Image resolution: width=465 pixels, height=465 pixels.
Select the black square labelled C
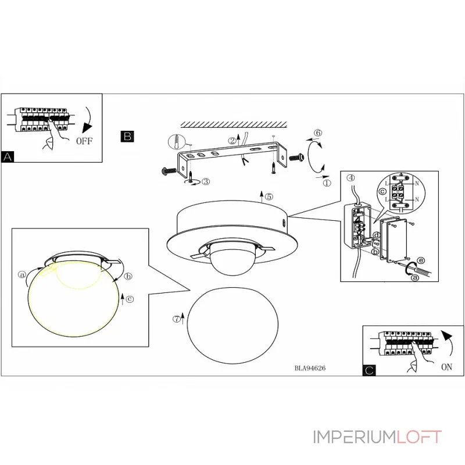point(369,370)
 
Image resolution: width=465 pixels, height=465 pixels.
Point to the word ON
point(447,367)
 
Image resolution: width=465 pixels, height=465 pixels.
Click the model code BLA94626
point(314,368)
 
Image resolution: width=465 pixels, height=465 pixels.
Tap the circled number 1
point(326,182)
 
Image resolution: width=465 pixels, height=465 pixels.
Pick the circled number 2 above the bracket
point(231,141)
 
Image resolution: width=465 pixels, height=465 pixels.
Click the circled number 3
point(205,181)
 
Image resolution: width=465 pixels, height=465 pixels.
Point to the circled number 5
point(269,196)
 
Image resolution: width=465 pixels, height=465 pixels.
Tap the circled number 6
point(317,133)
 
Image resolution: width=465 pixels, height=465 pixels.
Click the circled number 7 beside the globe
point(177,319)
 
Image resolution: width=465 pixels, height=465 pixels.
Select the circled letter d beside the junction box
point(377,235)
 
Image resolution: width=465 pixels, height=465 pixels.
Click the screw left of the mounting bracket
point(169,171)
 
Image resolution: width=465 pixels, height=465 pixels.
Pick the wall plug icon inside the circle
point(177,142)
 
